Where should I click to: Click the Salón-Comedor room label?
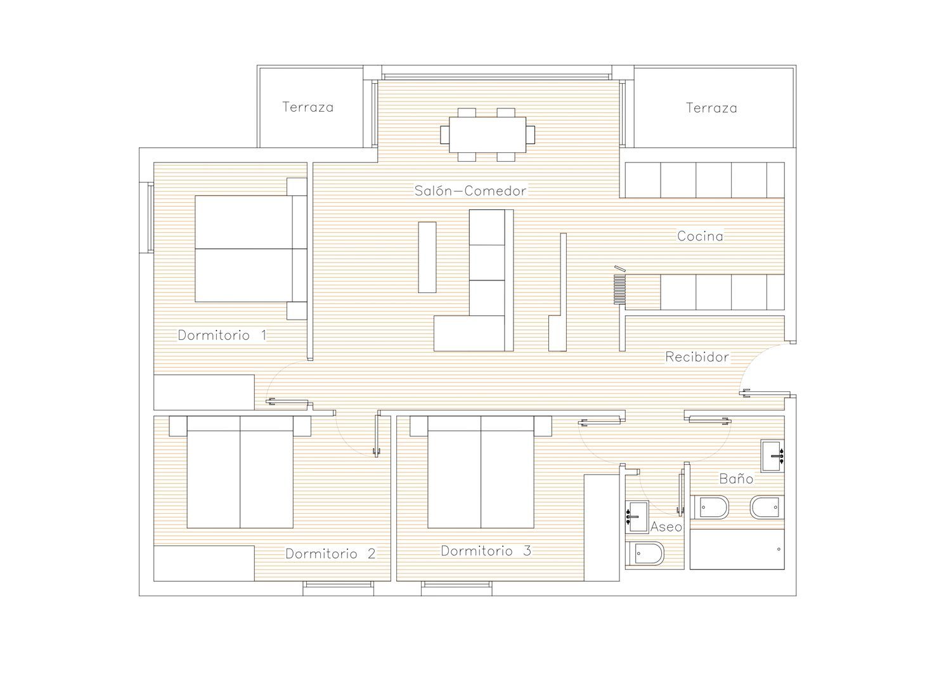click(470, 191)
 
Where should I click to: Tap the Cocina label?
click(700, 236)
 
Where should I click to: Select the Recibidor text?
click(697, 357)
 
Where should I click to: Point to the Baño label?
click(736, 478)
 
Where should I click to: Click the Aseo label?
click(666, 527)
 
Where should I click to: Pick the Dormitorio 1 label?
click(222, 335)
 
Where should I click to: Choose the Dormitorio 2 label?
click(330, 554)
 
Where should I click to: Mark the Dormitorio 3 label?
click(486, 551)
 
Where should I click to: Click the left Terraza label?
click(307, 107)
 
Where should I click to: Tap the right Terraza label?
click(711, 108)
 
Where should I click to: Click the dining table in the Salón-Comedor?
click(488, 134)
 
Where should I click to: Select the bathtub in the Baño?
click(737, 549)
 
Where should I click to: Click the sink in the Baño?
click(772, 456)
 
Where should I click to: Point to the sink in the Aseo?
click(637, 517)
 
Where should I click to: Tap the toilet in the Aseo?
click(645, 554)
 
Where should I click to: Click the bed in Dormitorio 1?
click(251, 249)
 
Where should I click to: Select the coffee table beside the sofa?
click(427, 257)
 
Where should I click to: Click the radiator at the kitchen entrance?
click(619, 289)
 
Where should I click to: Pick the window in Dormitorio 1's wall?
click(150, 218)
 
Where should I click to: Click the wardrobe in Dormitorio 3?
click(602, 528)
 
